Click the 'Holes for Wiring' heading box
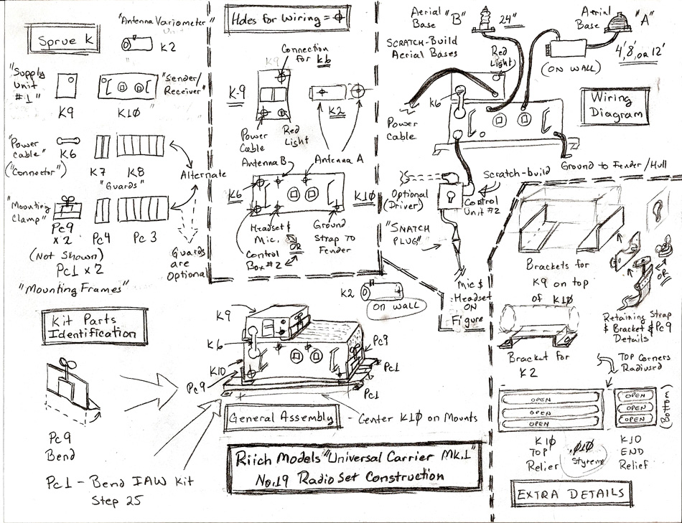283,19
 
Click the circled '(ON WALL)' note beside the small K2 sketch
389,309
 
